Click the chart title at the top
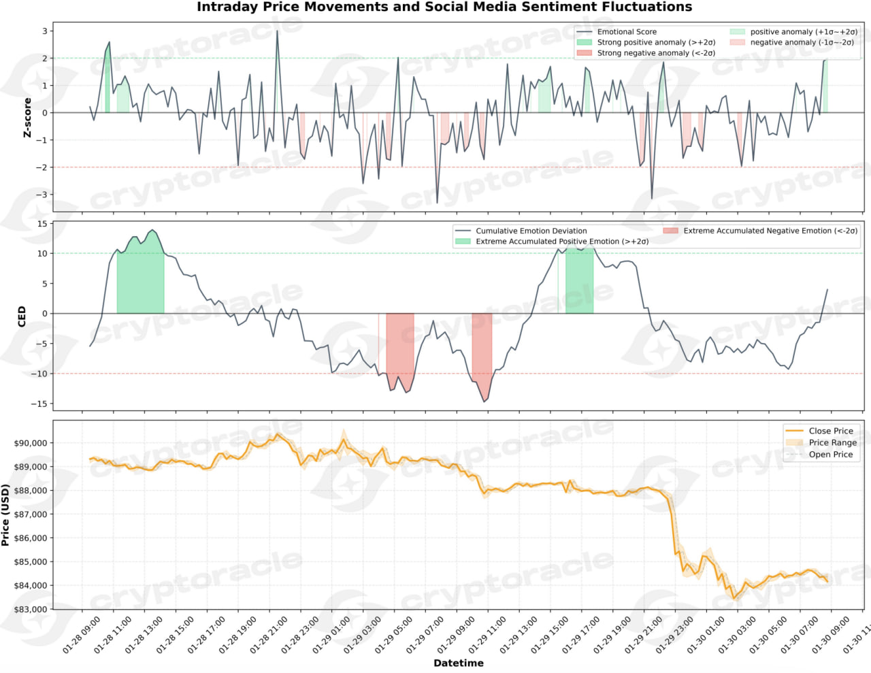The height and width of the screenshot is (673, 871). point(444,7)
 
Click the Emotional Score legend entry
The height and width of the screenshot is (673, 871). point(627,32)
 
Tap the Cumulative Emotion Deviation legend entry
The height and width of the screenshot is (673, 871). point(531,231)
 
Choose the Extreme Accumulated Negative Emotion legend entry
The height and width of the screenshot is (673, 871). point(770,231)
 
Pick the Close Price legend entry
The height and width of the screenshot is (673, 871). point(830,431)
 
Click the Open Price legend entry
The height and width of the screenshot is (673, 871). point(830,455)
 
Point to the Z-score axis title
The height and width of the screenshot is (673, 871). point(27,117)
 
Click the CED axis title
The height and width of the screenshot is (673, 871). point(22,316)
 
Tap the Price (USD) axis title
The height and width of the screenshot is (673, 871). point(6,515)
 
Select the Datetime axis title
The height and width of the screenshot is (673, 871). point(458,663)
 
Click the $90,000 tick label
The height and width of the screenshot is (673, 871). point(31,443)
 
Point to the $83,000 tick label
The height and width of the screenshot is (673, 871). point(31,609)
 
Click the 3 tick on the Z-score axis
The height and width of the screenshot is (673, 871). point(45,31)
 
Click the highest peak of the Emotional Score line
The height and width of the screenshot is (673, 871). point(277,31)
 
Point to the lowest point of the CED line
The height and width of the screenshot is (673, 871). point(484,401)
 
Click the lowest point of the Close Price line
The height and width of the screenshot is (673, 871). point(734,598)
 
